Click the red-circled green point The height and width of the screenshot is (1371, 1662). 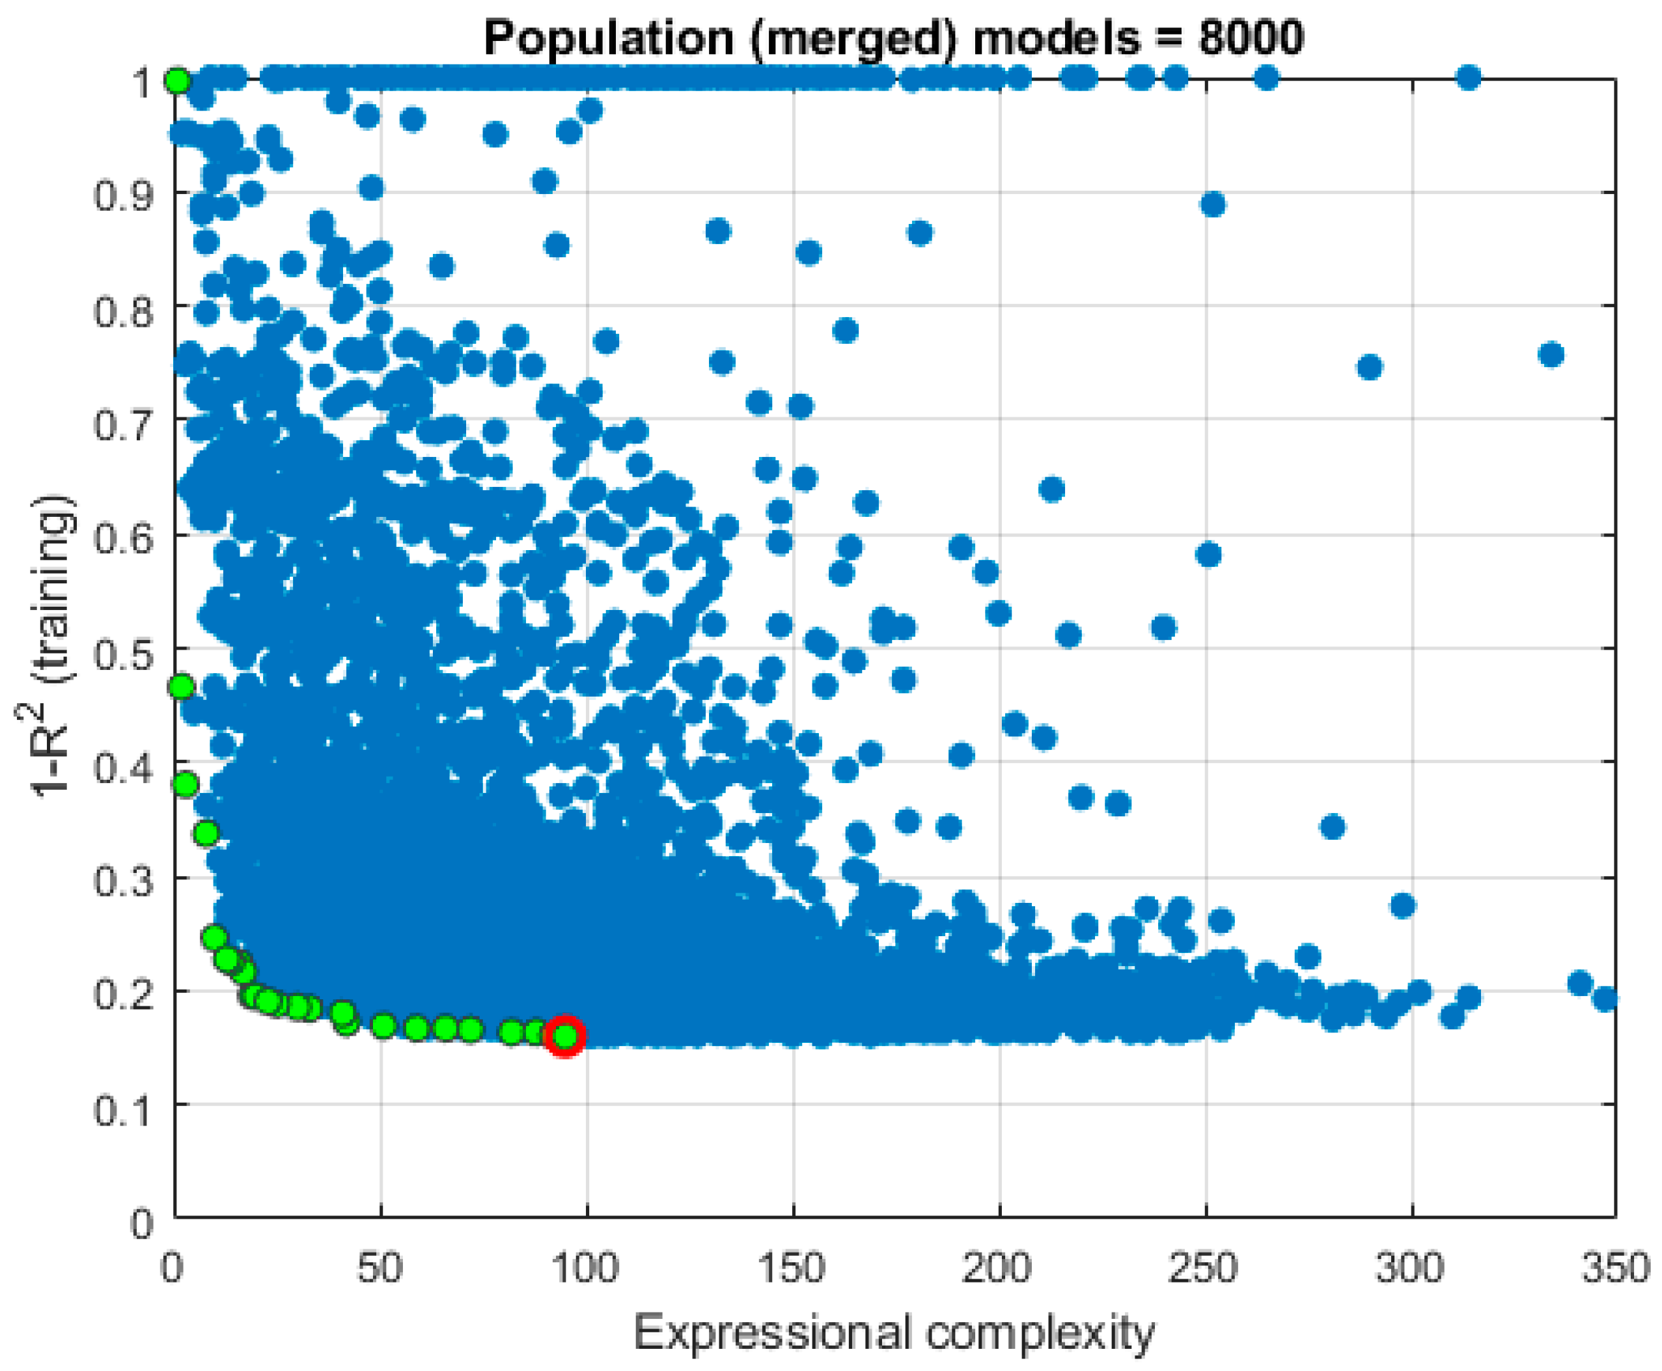tap(565, 1035)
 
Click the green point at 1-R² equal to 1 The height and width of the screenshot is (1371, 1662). tap(178, 81)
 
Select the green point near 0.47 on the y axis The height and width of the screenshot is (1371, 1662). tap(182, 686)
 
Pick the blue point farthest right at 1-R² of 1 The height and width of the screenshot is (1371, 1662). tap(1468, 77)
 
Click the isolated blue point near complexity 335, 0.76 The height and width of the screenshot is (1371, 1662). tap(1551, 355)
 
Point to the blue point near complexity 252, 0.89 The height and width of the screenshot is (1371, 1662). tap(1213, 204)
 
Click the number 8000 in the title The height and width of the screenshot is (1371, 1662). tap(1251, 37)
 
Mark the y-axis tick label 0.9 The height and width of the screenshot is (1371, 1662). tap(122, 194)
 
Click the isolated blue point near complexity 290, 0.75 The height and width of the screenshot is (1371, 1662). tap(1369, 367)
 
